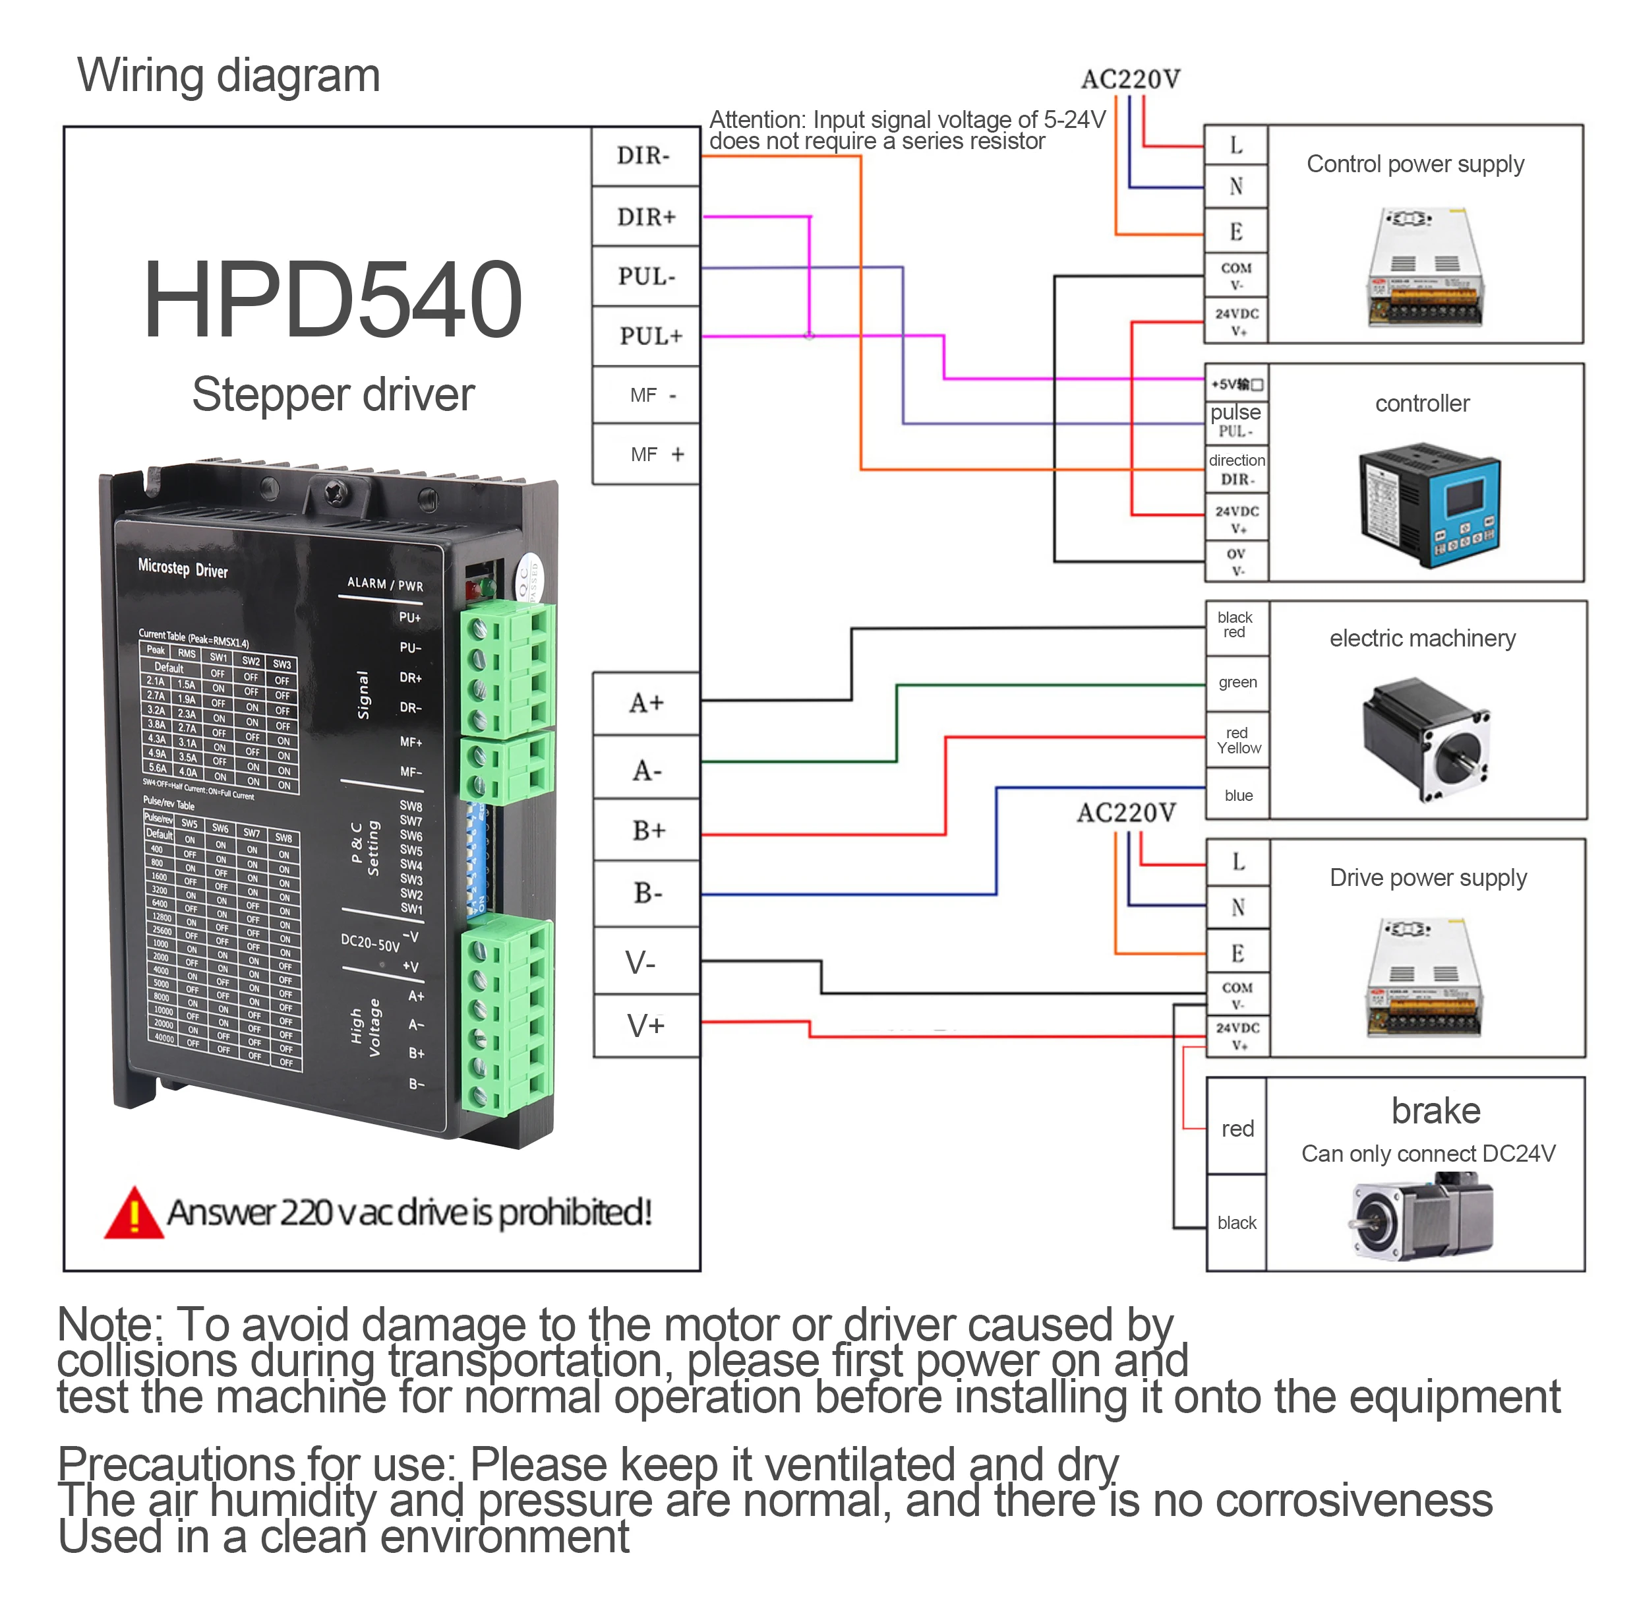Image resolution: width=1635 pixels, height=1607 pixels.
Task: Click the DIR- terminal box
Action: [x=645, y=156]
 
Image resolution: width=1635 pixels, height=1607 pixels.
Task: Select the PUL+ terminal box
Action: [x=646, y=336]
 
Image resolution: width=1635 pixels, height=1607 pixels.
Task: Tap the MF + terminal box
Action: [x=646, y=454]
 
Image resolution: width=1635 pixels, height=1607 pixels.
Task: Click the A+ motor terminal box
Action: [x=646, y=703]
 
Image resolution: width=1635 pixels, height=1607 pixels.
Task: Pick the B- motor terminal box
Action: [x=646, y=893]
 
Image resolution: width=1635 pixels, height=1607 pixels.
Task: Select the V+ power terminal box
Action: [x=646, y=1025]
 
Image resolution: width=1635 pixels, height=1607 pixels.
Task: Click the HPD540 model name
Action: [x=332, y=299]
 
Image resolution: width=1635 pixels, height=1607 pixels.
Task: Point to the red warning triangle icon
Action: [x=133, y=1214]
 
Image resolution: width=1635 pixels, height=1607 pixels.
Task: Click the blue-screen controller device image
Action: [x=1429, y=505]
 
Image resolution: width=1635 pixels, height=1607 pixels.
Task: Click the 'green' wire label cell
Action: [x=1237, y=682]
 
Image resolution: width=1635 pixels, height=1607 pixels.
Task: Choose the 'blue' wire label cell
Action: [x=1237, y=795]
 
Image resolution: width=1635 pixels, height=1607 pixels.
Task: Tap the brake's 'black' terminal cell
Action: [x=1236, y=1222]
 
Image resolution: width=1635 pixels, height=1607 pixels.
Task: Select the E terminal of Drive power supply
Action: [x=1237, y=953]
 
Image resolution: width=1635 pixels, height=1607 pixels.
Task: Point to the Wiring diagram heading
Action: [x=229, y=75]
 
